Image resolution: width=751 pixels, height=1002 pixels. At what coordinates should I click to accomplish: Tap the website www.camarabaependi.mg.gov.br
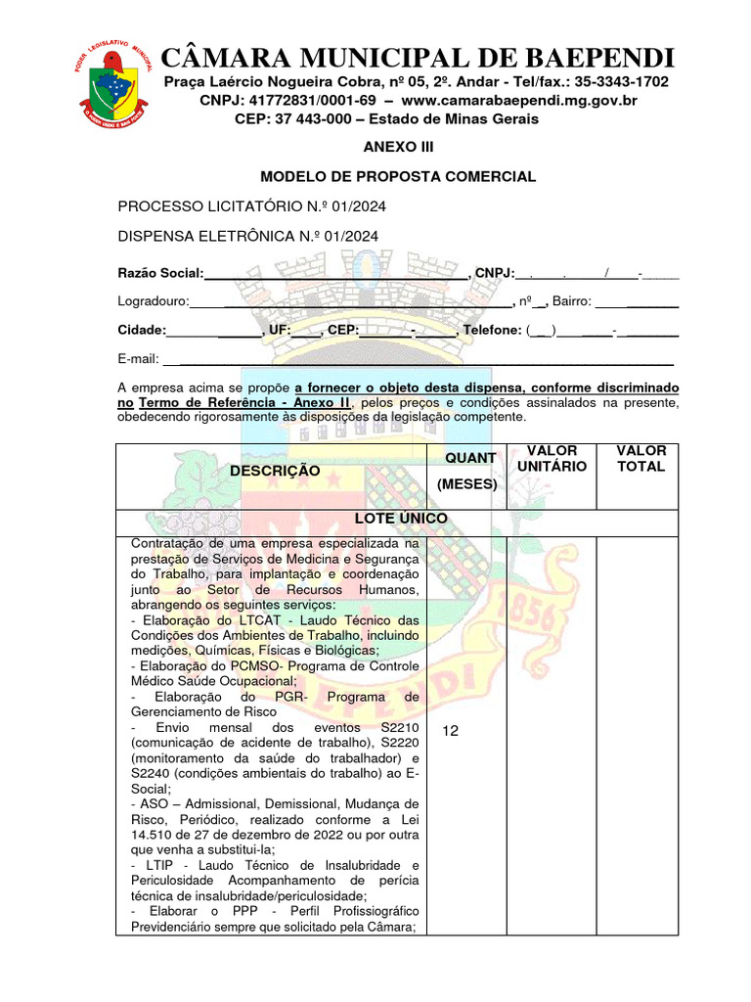point(518,100)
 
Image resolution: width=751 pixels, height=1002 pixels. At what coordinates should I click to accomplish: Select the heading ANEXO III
point(397,147)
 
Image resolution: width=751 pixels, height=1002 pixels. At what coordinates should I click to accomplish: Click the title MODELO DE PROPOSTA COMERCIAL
point(397,177)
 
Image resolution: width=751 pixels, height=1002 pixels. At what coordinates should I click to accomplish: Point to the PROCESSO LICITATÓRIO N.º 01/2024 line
point(251,206)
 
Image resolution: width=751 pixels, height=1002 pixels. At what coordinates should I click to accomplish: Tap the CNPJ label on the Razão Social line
point(494,273)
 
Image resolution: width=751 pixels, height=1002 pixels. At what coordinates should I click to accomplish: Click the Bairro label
point(571,301)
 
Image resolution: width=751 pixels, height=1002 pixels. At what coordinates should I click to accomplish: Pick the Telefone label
point(492,331)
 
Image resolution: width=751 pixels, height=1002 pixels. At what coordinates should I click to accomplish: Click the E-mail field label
point(138,359)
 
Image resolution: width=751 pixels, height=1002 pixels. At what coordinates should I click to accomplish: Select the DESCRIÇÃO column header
point(275,471)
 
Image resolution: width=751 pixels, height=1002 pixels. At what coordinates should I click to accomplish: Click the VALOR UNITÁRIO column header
point(552,458)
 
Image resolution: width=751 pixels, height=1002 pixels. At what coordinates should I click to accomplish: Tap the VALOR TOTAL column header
point(641,458)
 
